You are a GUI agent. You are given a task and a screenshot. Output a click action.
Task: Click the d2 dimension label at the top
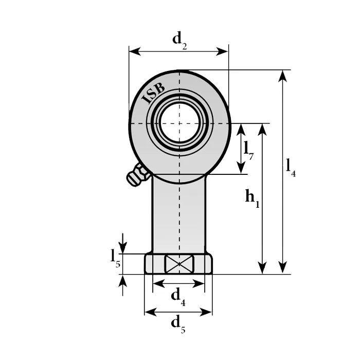tap(179, 41)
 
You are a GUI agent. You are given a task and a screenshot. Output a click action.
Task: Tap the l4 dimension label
tap(291, 168)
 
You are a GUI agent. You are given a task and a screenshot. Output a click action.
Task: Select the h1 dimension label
tap(253, 199)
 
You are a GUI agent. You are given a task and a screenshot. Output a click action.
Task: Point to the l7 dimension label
tap(248, 150)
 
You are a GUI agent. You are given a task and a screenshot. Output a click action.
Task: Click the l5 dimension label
tap(115, 258)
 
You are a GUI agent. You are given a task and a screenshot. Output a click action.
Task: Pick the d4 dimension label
tap(178, 297)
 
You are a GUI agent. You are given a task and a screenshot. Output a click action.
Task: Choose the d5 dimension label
tap(178, 324)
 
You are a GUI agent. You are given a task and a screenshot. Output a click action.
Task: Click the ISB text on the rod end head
tap(153, 93)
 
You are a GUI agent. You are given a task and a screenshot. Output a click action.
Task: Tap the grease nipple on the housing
tap(137, 175)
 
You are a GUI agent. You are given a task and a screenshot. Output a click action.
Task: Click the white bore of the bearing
tap(179, 123)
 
